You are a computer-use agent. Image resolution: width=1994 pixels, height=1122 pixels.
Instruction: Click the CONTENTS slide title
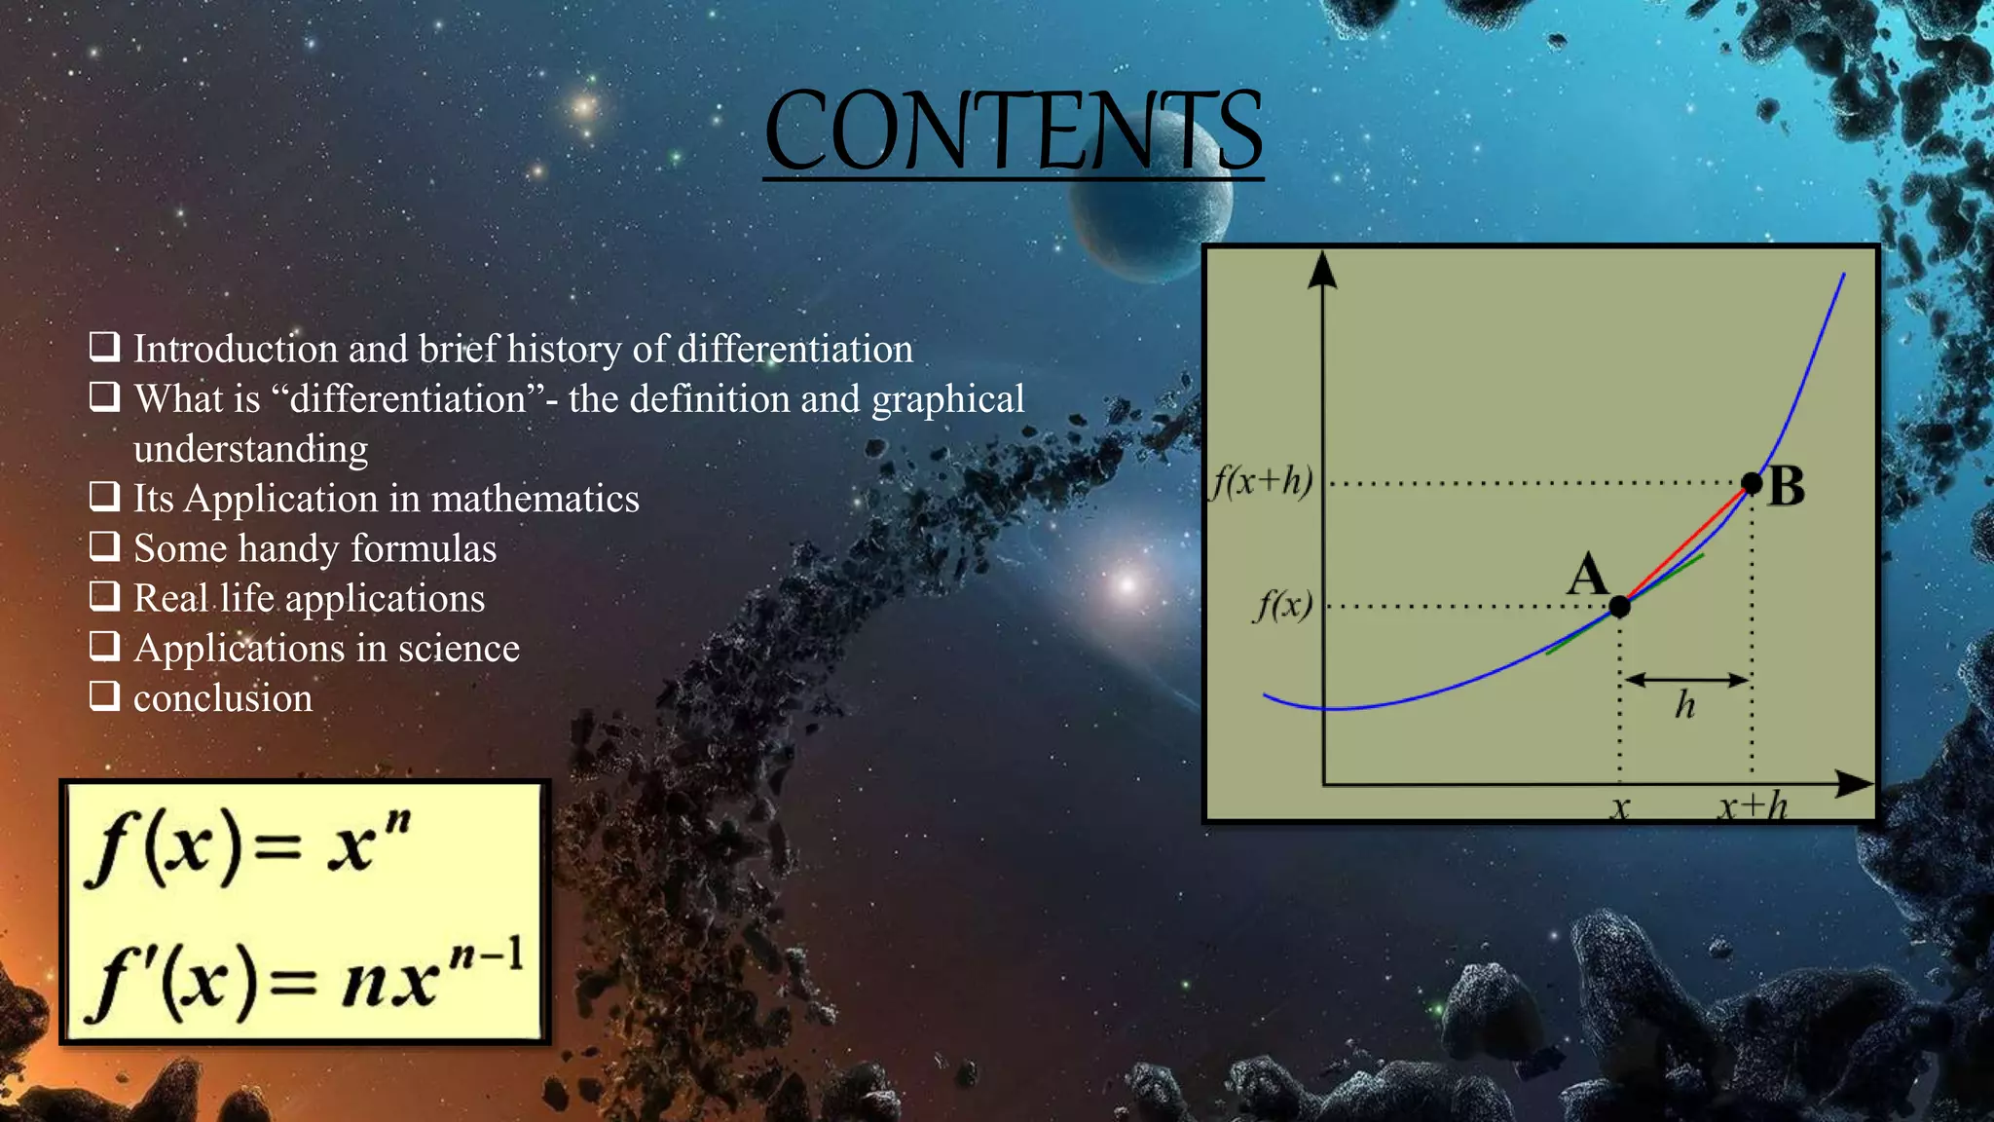(x=1013, y=131)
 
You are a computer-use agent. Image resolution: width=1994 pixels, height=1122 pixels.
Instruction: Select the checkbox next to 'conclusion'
(x=105, y=695)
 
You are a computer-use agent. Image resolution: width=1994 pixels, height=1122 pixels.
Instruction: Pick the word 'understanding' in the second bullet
(x=250, y=449)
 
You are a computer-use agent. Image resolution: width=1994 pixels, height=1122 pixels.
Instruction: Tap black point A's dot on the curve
(x=1619, y=607)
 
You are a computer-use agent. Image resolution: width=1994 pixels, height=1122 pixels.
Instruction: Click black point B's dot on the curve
(x=1752, y=483)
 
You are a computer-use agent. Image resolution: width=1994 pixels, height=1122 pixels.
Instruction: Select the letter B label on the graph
(x=1787, y=486)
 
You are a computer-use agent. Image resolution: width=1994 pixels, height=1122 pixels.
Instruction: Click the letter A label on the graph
(x=1588, y=574)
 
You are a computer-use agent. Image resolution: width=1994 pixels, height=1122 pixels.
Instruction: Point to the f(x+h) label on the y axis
(x=1262, y=481)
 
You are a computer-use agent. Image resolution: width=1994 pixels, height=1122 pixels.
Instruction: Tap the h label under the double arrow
(x=1685, y=705)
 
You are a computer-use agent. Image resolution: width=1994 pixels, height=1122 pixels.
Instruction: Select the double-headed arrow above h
(x=1686, y=680)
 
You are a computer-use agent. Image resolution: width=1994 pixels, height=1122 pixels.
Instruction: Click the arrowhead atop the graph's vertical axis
(x=1322, y=270)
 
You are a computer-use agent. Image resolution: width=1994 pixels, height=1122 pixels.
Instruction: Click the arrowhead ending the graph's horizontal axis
(x=1854, y=783)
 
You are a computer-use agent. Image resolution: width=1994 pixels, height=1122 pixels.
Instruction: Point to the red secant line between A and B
(x=1687, y=544)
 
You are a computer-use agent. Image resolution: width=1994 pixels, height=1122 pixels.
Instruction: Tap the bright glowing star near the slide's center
(x=1126, y=584)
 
